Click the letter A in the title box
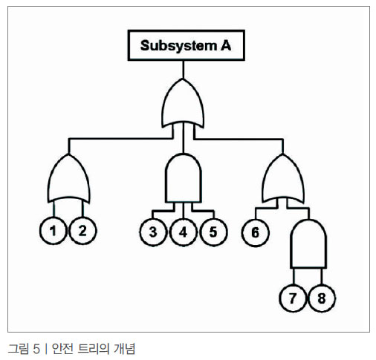pos(226,45)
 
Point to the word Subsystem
pos(178,46)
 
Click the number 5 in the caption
pos(36,349)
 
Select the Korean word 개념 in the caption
pos(125,349)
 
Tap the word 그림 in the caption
pos(19,349)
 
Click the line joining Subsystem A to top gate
pos(184,70)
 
